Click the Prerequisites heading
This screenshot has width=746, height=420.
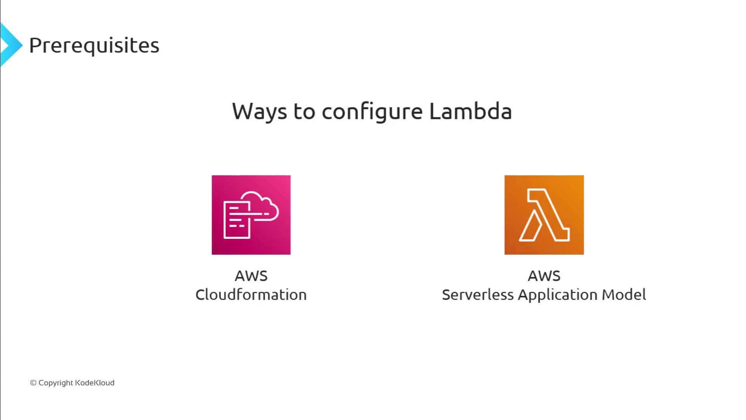[94, 46]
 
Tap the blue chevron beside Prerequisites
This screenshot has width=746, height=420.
[11, 45]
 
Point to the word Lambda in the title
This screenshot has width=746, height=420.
[471, 111]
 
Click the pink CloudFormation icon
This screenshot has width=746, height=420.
[251, 215]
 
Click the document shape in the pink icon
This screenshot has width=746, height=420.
[237, 220]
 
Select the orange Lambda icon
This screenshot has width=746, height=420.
[544, 215]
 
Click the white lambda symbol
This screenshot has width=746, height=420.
[544, 215]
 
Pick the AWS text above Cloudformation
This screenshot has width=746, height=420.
[251, 276]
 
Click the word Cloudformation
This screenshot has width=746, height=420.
[251, 294]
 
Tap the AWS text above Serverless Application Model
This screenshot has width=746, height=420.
[544, 276]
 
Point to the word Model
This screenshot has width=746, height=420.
[624, 295]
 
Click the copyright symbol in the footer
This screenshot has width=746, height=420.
[33, 383]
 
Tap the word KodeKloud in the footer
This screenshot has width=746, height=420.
[95, 383]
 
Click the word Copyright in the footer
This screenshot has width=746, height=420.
[56, 383]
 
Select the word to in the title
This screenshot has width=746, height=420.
[304, 112]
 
